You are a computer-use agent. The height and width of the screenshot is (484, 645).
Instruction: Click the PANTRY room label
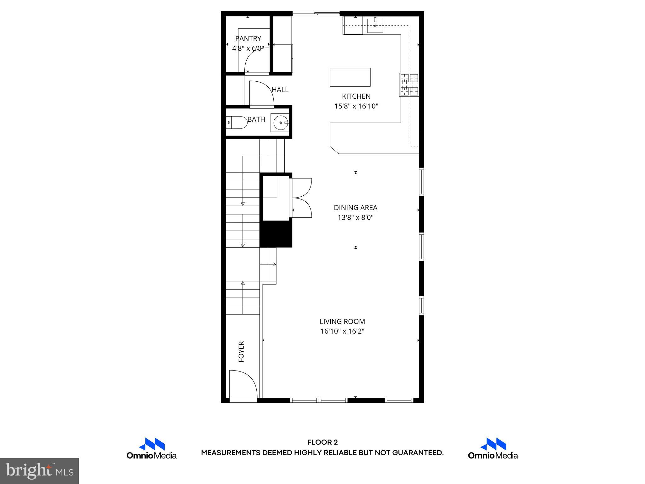pyautogui.click(x=248, y=38)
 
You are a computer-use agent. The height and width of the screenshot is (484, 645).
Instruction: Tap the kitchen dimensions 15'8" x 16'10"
pyautogui.click(x=356, y=106)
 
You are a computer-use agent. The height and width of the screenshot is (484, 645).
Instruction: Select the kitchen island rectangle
pyautogui.click(x=350, y=77)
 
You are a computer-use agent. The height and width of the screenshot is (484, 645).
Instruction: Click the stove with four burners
pyautogui.click(x=409, y=84)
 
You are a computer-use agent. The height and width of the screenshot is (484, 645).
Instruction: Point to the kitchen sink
pyautogui.click(x=375, y=26)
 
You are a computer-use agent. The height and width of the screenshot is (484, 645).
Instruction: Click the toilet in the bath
pyautogui.click(x=237, y=123)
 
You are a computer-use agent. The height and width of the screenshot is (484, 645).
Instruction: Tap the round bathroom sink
pyautogui.click(x=280, y=123)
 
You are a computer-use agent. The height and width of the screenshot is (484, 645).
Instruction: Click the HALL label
pyautogui.click(x=280, y=90)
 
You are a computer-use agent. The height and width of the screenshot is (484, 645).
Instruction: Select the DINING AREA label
pyautogui.click(x=356, y=208)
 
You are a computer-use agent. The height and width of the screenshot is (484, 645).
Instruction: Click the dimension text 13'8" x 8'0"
pyautogui.click(x=356, y=217)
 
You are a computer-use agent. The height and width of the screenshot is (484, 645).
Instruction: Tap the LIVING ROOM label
pyautogui.click(x=342, y=321)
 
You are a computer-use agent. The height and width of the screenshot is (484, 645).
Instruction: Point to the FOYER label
pyautogui.click(x=242, y=351)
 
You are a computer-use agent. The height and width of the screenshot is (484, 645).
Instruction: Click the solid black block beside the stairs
pyautogui.click(x=276, y=234)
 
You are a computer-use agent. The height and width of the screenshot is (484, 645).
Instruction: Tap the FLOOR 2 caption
pyautogui.click(x=322, y=442)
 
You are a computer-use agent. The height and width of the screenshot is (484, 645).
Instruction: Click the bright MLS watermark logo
pyautogui.click(x=39, y=471)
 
